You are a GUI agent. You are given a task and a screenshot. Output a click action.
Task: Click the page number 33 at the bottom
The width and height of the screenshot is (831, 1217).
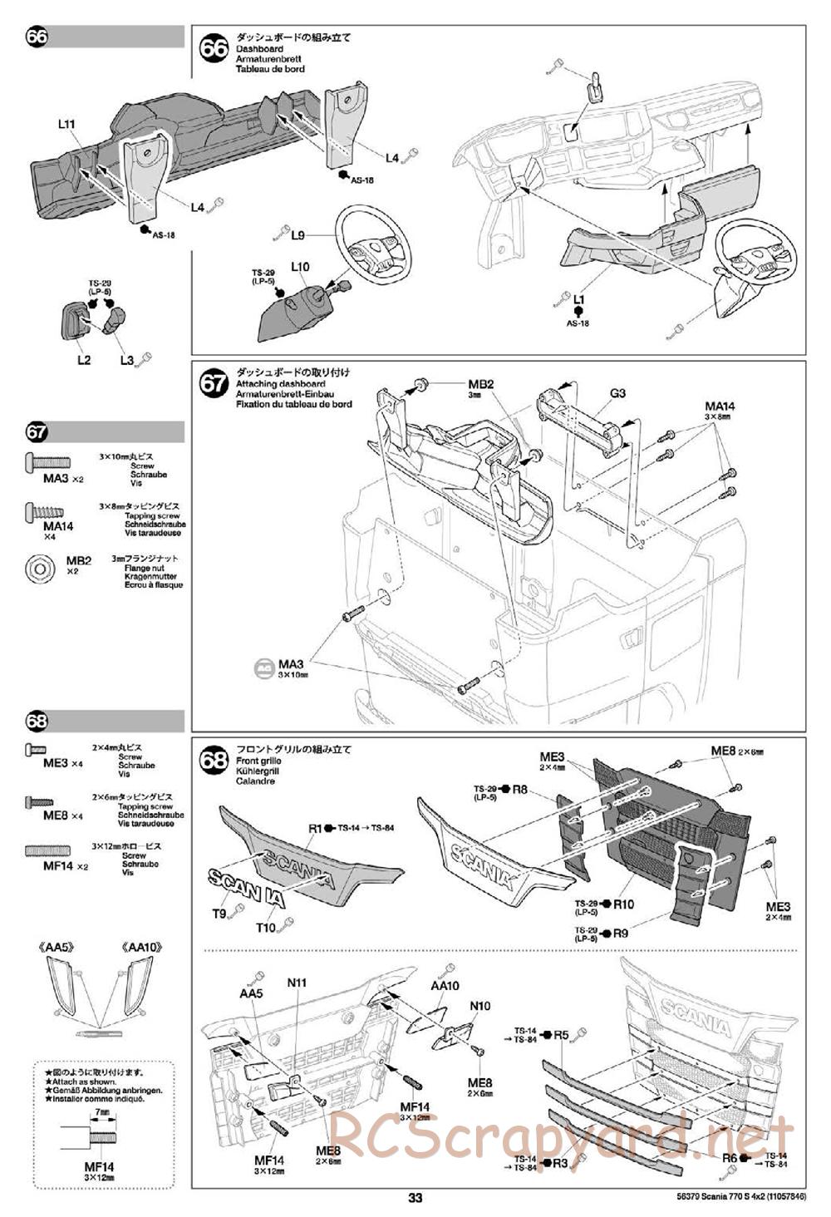pos(415,1198)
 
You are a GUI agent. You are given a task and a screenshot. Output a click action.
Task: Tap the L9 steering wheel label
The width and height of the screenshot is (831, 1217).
pos(299,234)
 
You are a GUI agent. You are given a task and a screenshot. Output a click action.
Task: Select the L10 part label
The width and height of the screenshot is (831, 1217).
pos(300,267)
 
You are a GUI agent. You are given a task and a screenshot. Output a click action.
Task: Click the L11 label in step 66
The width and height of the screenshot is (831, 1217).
pos(67,125)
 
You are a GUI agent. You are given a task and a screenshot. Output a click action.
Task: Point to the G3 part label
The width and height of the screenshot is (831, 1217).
pos(617,393)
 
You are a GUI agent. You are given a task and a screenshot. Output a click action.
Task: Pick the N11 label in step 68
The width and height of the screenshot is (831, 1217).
pos(297,983)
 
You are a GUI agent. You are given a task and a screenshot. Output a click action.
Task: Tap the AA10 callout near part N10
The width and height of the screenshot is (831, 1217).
pos(445,986)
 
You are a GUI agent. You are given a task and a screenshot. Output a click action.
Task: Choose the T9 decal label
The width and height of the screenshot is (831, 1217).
pos(219,914)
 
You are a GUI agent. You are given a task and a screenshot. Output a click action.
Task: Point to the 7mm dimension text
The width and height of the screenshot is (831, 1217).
pos(103,1111)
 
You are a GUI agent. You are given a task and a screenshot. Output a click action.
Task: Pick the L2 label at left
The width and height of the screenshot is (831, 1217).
pos(84,360)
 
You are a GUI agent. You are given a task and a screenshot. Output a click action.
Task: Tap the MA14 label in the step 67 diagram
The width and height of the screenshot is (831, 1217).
pos(720,406)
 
